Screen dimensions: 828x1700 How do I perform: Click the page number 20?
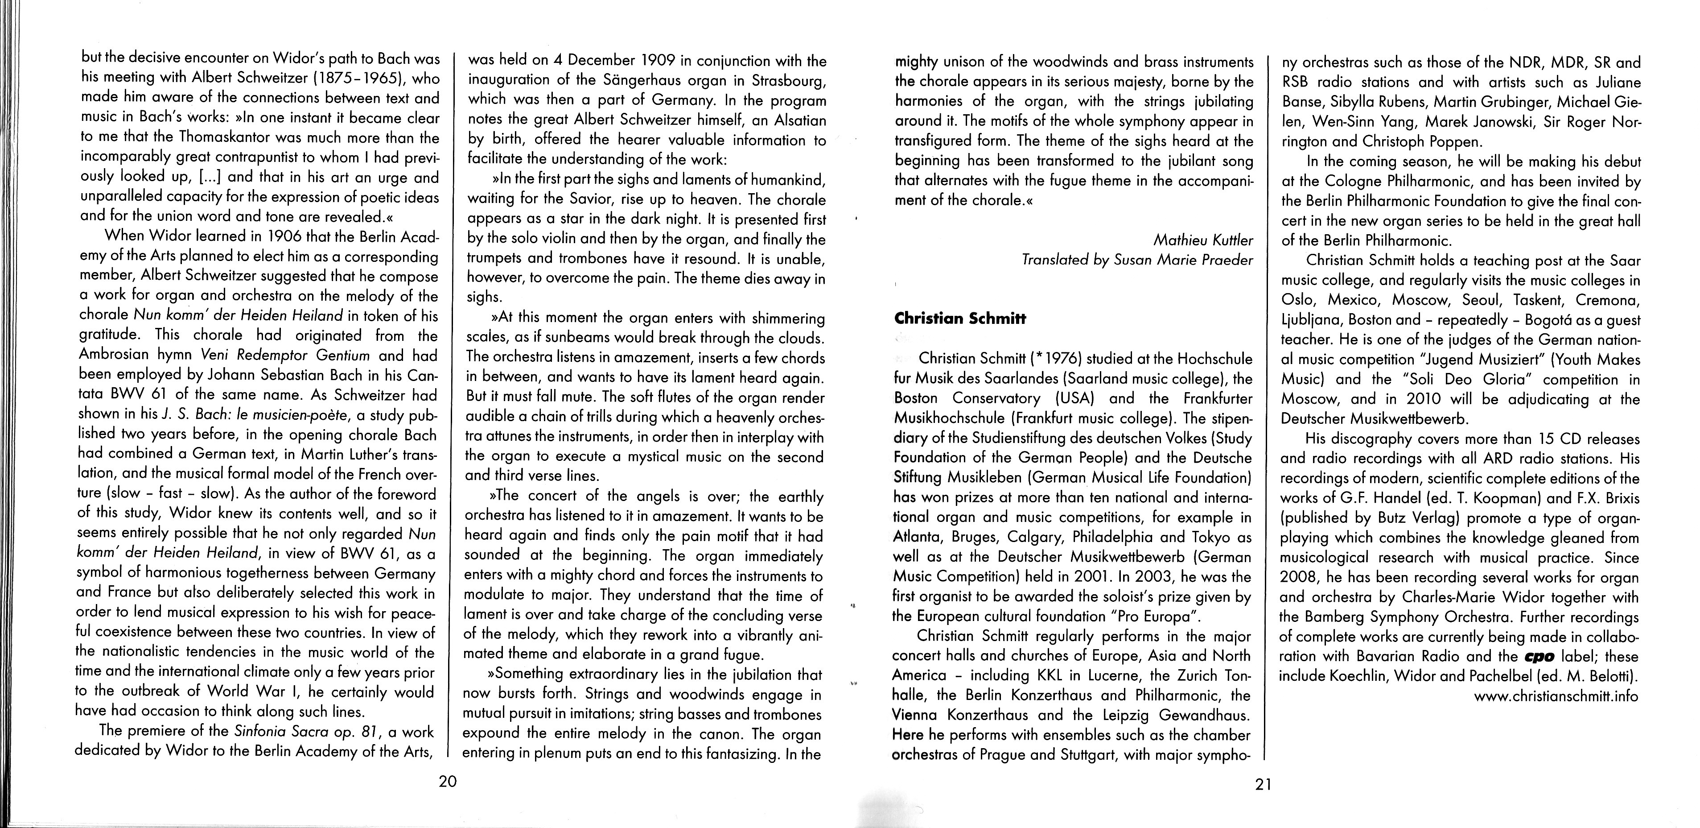pos(448,782)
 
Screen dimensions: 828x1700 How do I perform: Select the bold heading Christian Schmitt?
pos(960,318)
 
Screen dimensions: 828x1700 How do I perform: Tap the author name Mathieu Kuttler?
pos(1203,240)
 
